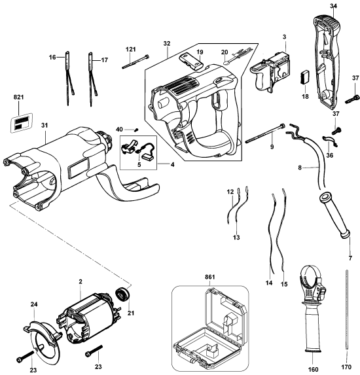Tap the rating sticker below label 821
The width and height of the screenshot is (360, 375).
[x=20, y=122]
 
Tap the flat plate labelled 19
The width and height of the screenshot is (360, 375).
[x=190, y=62]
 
